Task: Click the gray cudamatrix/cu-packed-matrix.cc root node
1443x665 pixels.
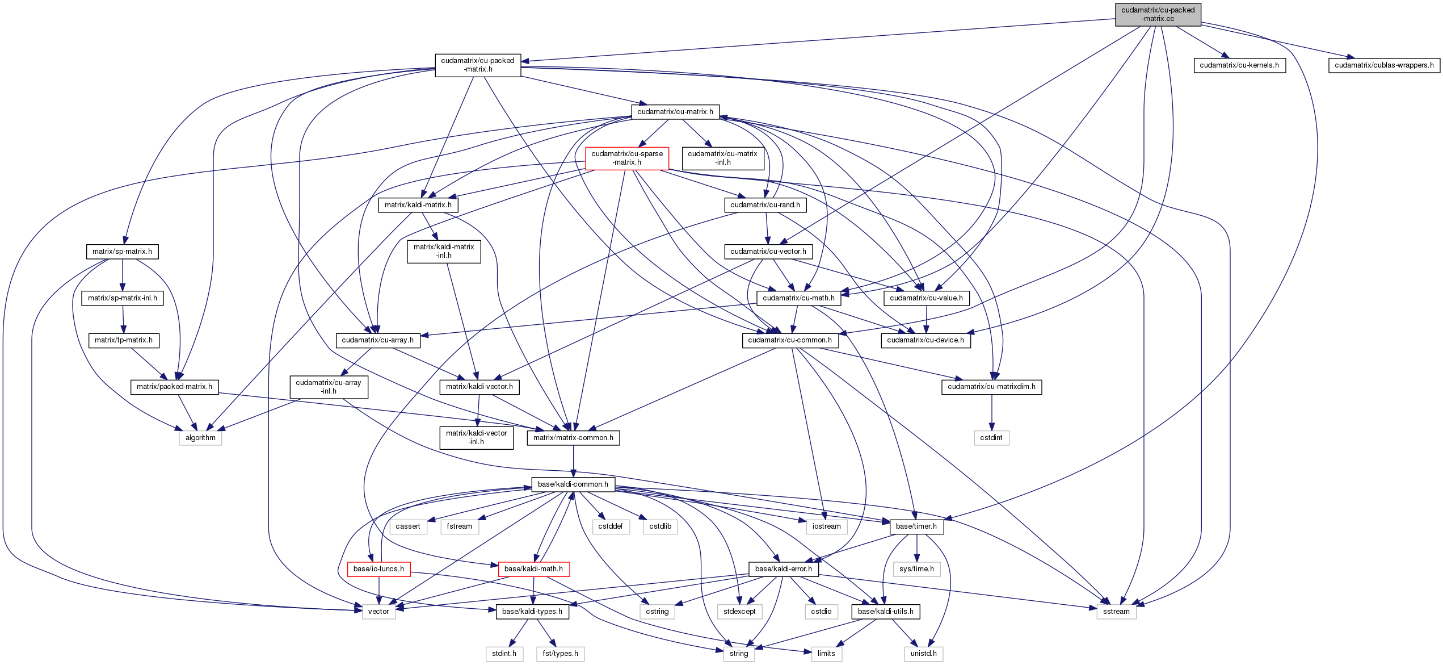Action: tap(1158, 14)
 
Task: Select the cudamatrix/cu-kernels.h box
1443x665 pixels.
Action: tap(1239, 65)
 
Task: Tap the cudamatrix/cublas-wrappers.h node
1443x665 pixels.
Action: tap(1383, 65)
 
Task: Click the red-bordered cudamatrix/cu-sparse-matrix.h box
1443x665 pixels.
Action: tap(626, 158)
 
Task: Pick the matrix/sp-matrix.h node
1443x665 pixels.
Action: tap(122, 252)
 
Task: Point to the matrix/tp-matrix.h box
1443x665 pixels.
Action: tap(123, 340)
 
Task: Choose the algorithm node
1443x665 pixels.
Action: tap(200, 438)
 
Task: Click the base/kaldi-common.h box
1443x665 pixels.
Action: tap(573, 484)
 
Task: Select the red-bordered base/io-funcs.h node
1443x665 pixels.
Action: tap(378, 569)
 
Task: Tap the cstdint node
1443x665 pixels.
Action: tap(991, 438)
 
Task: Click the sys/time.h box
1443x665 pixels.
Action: tap(916, 569)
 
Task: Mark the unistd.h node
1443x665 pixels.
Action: tap(923, 654)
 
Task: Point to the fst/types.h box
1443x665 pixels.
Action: tap(560, 654)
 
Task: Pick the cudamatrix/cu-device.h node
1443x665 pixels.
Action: tap(925, 340)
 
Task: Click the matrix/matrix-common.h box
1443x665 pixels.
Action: tap(573, 438)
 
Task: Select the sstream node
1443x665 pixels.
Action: tap(1116, 612)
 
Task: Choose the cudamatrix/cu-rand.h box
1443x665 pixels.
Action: tap(765, 205)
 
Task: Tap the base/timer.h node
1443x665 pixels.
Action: tap(916, 526)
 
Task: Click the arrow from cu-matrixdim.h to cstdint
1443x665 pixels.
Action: tap(991, 412)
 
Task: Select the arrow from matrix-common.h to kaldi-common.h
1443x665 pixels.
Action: tap(573, 461)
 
